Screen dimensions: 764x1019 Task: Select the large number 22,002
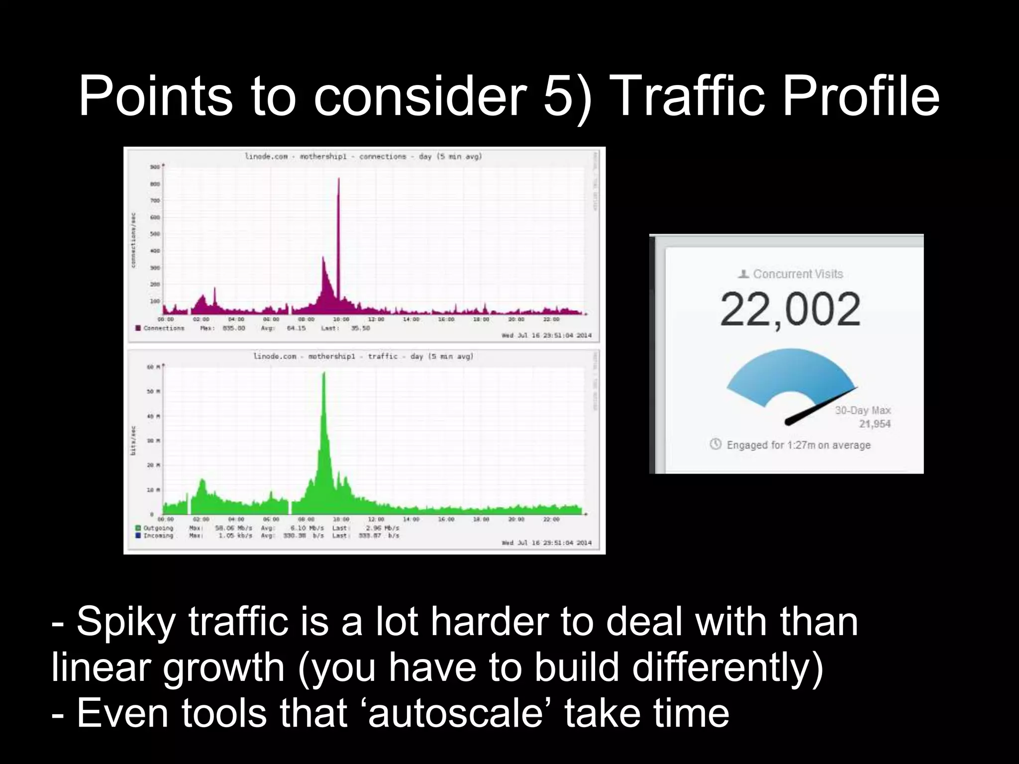pos(790,309)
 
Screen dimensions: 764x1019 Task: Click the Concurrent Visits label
pos(798,274)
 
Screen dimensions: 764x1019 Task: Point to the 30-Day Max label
pos(863,410)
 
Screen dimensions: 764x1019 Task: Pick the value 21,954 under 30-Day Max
pos(874,424)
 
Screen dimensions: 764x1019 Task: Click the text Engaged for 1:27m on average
pos(798,445)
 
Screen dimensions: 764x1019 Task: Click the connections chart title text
pos(363,157)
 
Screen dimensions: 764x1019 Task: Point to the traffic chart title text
pos(363,357)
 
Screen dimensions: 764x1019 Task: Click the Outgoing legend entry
pos(158,528)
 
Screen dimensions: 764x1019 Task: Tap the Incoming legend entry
pos(158,536)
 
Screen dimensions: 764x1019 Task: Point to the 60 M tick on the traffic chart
pos(153,367)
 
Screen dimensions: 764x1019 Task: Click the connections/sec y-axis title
pos(133,240)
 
